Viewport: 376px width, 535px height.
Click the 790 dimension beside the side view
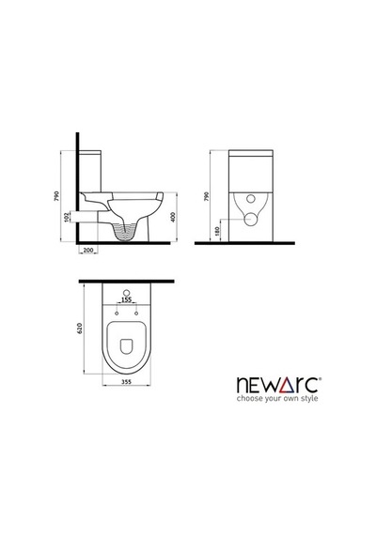tap(57, 196)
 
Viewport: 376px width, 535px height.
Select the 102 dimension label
tap(67, 217)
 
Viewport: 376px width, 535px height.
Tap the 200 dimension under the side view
tap(88, 250)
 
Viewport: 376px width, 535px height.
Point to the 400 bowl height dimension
tap(173, 217)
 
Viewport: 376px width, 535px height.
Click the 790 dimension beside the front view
tap(206, 196)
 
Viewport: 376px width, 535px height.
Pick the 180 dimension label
tap(217, 231)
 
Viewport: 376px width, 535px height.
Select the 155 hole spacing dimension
tap(127, 299)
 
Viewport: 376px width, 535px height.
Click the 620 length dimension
tap(80, 328)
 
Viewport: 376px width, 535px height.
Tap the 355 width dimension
tap(127, 382)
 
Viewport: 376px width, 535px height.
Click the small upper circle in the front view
tap(252, 199)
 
